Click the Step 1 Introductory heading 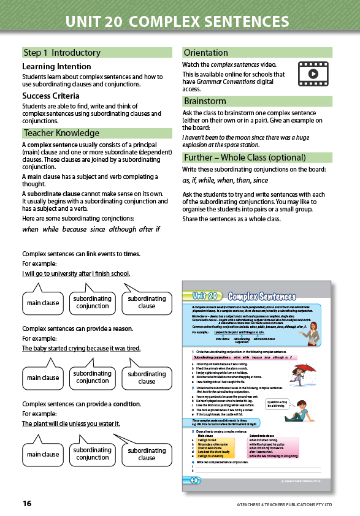(x=61, y=53)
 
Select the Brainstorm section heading (x=204, y=101)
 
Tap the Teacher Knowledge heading (x=61, y=133)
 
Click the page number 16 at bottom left (x=27, y=503)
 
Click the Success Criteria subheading (x=51, y=96)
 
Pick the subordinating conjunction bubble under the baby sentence (x=93, y=377)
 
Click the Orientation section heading (x=205, y=53)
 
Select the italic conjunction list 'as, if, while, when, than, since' (x=225, y=180)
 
